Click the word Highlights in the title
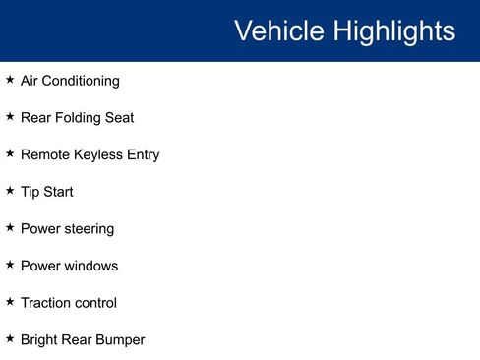tap(393, 31)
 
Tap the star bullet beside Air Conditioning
tap(10, 80)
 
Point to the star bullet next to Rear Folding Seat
tap(10, 116)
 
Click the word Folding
tap(79, 118)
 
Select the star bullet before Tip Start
tap(10, 190)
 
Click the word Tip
tap(30, 192)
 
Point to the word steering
tap(90, 229)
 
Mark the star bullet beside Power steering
tap(10, 227)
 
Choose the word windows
tap(91, 266)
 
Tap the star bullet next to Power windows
tap(10, 265)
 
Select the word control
tap(97, 303)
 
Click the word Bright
tap(39, 340)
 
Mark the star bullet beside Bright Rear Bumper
tap(10, 338)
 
